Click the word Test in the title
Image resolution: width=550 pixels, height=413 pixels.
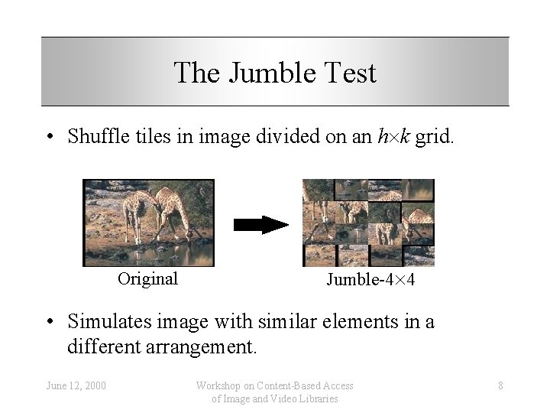349,73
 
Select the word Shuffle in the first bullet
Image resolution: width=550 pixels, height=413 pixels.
95,137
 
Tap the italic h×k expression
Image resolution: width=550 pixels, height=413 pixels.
396,137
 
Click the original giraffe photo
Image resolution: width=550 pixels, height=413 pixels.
149,223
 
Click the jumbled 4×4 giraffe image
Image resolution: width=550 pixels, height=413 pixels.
368,223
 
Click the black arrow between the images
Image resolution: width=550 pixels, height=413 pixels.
260,224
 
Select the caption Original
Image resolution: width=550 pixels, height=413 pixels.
147,278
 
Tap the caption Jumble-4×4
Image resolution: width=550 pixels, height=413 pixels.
370,280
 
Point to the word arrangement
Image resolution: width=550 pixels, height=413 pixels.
206,347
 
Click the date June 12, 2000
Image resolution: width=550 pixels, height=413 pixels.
75,385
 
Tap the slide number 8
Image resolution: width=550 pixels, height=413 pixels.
500,385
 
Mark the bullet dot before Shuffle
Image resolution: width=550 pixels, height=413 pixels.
49,138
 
